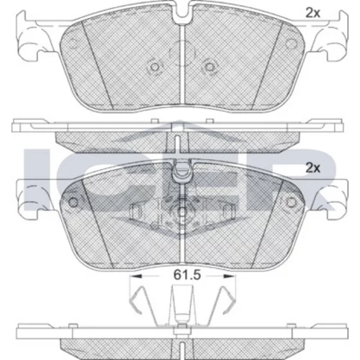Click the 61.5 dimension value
pyautogui.click(x=187, y=275)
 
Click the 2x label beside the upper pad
pyautogui.click(x=312, y=13)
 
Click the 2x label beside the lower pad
pyautogui.click(x=312, y=168)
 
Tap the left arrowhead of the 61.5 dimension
pyautogui.click(x=135, y=276)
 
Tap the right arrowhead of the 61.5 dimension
pyautogui.click(x=230, y=276)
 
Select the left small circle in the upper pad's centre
pyautogui.click(x=155, y=67)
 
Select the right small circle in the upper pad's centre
pyautogui.click(x=210, y=67)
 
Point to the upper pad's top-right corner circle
pyautogui.click(x=291, y=43)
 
